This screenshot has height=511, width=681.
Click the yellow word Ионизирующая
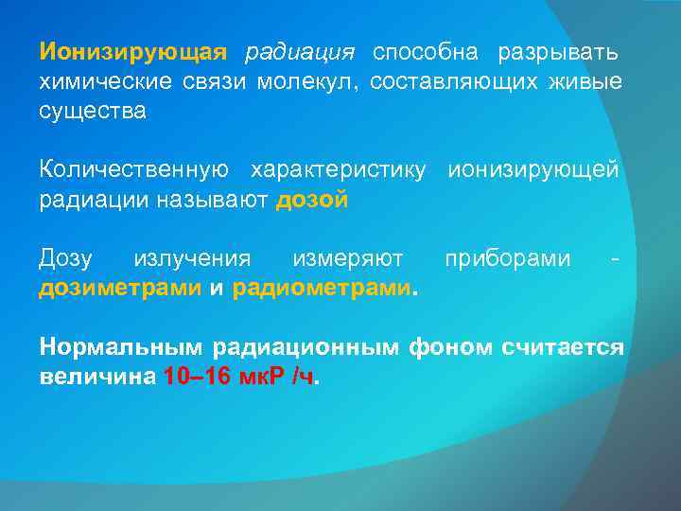pos(133,50)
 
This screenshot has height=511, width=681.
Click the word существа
pos(93,113)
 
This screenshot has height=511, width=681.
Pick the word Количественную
pos(133,169)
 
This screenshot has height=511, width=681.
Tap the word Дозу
pos(67,257)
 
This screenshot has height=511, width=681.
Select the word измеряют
pos(347,257)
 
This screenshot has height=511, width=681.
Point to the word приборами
pos(508,257)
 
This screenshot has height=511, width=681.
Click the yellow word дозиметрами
pos(120,289)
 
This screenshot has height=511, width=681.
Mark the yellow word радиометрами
pos(323,289)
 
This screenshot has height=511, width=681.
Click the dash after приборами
pos(617,258)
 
